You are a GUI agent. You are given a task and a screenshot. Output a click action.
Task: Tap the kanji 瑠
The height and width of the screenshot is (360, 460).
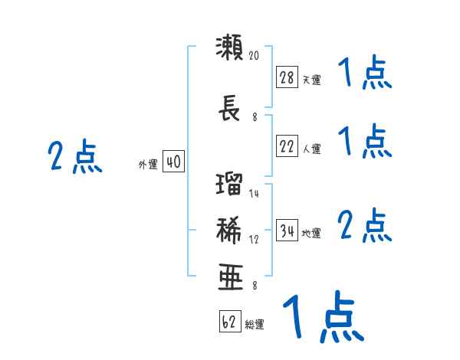[229, 184]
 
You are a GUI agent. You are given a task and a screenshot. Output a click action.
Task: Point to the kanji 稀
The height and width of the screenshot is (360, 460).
[229, 230]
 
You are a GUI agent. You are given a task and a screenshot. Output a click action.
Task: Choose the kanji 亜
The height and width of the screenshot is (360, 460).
[231, 277]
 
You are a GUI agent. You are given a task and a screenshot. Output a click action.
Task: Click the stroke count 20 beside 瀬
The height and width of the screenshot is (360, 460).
[254, 55]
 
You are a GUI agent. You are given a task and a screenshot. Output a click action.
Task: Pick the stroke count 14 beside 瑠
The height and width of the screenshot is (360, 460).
[254, 193]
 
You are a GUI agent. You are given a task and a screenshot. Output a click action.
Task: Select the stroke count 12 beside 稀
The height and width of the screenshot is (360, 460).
[254, 239]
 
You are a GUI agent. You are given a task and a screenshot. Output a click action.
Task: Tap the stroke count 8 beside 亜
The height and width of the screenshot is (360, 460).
[255, 286]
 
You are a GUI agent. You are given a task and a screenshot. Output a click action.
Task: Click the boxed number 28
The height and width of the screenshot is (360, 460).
[287, 77]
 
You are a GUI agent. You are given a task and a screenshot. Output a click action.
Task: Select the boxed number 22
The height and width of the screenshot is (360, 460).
[287, 146]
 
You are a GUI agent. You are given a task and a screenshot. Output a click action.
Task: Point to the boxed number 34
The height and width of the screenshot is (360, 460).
[287, 230]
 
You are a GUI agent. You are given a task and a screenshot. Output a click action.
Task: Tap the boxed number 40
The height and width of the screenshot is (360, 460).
[173, 162]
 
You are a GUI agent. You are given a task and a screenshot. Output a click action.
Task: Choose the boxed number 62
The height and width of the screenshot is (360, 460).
[230, 321]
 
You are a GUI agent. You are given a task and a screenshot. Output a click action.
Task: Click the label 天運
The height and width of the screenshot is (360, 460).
[312, 80]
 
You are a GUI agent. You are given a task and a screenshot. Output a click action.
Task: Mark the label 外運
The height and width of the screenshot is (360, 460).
[148, 165]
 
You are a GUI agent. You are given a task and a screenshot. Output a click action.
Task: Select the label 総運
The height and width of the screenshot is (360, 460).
[255, 325]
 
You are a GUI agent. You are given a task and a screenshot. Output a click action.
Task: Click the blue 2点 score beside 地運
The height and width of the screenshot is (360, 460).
[365, 225]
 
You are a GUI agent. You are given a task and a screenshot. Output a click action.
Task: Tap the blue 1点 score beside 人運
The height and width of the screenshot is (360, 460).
[365, 141]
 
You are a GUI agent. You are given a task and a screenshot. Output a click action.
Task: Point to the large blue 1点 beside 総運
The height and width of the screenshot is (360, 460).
[324, 316]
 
